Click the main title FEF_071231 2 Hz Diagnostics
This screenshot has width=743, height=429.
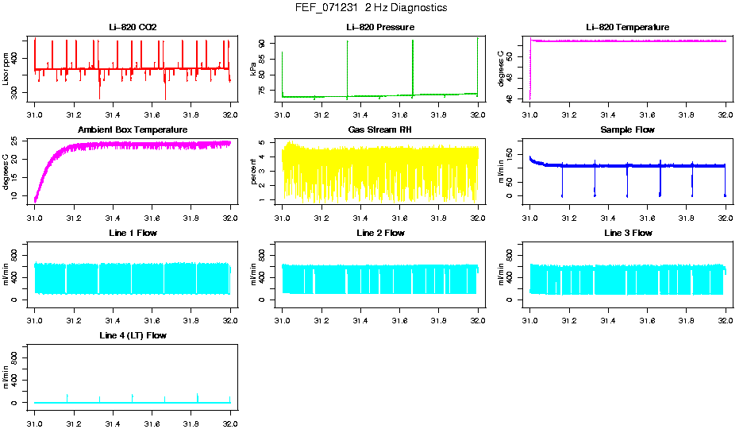pyautogui.click(x=371, y=8)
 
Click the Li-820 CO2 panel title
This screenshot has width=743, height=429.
pyautogui.click(x=133, y=27)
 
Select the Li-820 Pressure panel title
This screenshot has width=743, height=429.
pyautogui.click(x=380, y=27)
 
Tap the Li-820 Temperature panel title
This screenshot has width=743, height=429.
pyautogui.click(x=627, y=27)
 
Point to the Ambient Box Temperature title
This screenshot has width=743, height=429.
pyautogui.click(x=133, y=129)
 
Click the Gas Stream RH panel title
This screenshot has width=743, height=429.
pyautogui.click(x=380, y=129)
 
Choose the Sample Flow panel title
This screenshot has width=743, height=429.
pyautogui.click(x=627, y=129)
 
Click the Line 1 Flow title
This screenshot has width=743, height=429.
pyautogui.click(x=133, y=233)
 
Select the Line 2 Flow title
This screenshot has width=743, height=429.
pyautogui.click(x=380, y=233)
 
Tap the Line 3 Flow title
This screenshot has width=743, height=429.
pyautogui.click(x=627, y=233)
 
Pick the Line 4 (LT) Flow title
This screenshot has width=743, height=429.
pyautogui.click(x=133, y=336)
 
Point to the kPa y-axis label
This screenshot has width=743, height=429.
pyautogui.click(x=253, y=69)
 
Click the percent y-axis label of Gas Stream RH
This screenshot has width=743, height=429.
pyautogui.click(x=253, y=172)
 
